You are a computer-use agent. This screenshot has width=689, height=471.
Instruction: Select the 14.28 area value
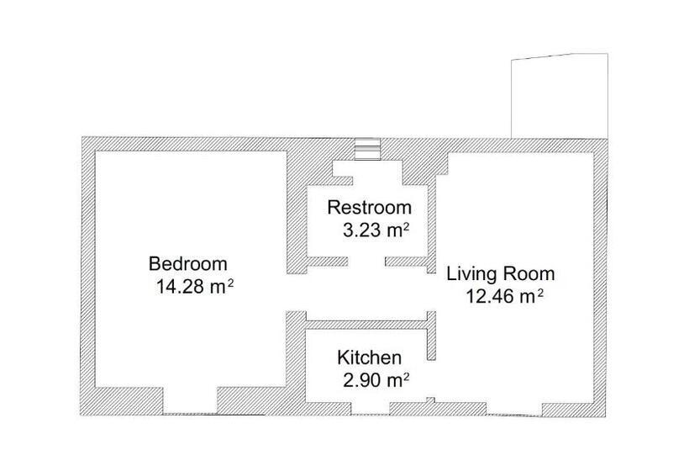pyautogui.click(x=181, y=286)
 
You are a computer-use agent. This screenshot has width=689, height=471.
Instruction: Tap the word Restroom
pyautogui.click(x=370, y=207)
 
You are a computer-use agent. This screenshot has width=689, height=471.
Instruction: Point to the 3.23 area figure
pyautogui.click(x=358, y=230)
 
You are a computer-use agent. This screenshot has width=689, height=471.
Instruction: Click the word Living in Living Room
pyautogui.click(x=473, y=273)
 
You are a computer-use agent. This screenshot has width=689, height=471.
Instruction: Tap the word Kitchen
pyautogui.click(x=370, y=357)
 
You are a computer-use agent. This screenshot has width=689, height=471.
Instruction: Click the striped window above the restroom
pyautogui.click(x=367, y=149)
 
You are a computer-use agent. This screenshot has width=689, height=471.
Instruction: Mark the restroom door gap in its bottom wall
pyautogui.click(x=366, y=263)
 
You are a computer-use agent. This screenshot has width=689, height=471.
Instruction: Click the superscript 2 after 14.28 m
pyautogui.click(x=229, y=282)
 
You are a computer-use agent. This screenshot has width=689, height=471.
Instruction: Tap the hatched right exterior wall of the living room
pyautogui.click(x=600, y=278)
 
